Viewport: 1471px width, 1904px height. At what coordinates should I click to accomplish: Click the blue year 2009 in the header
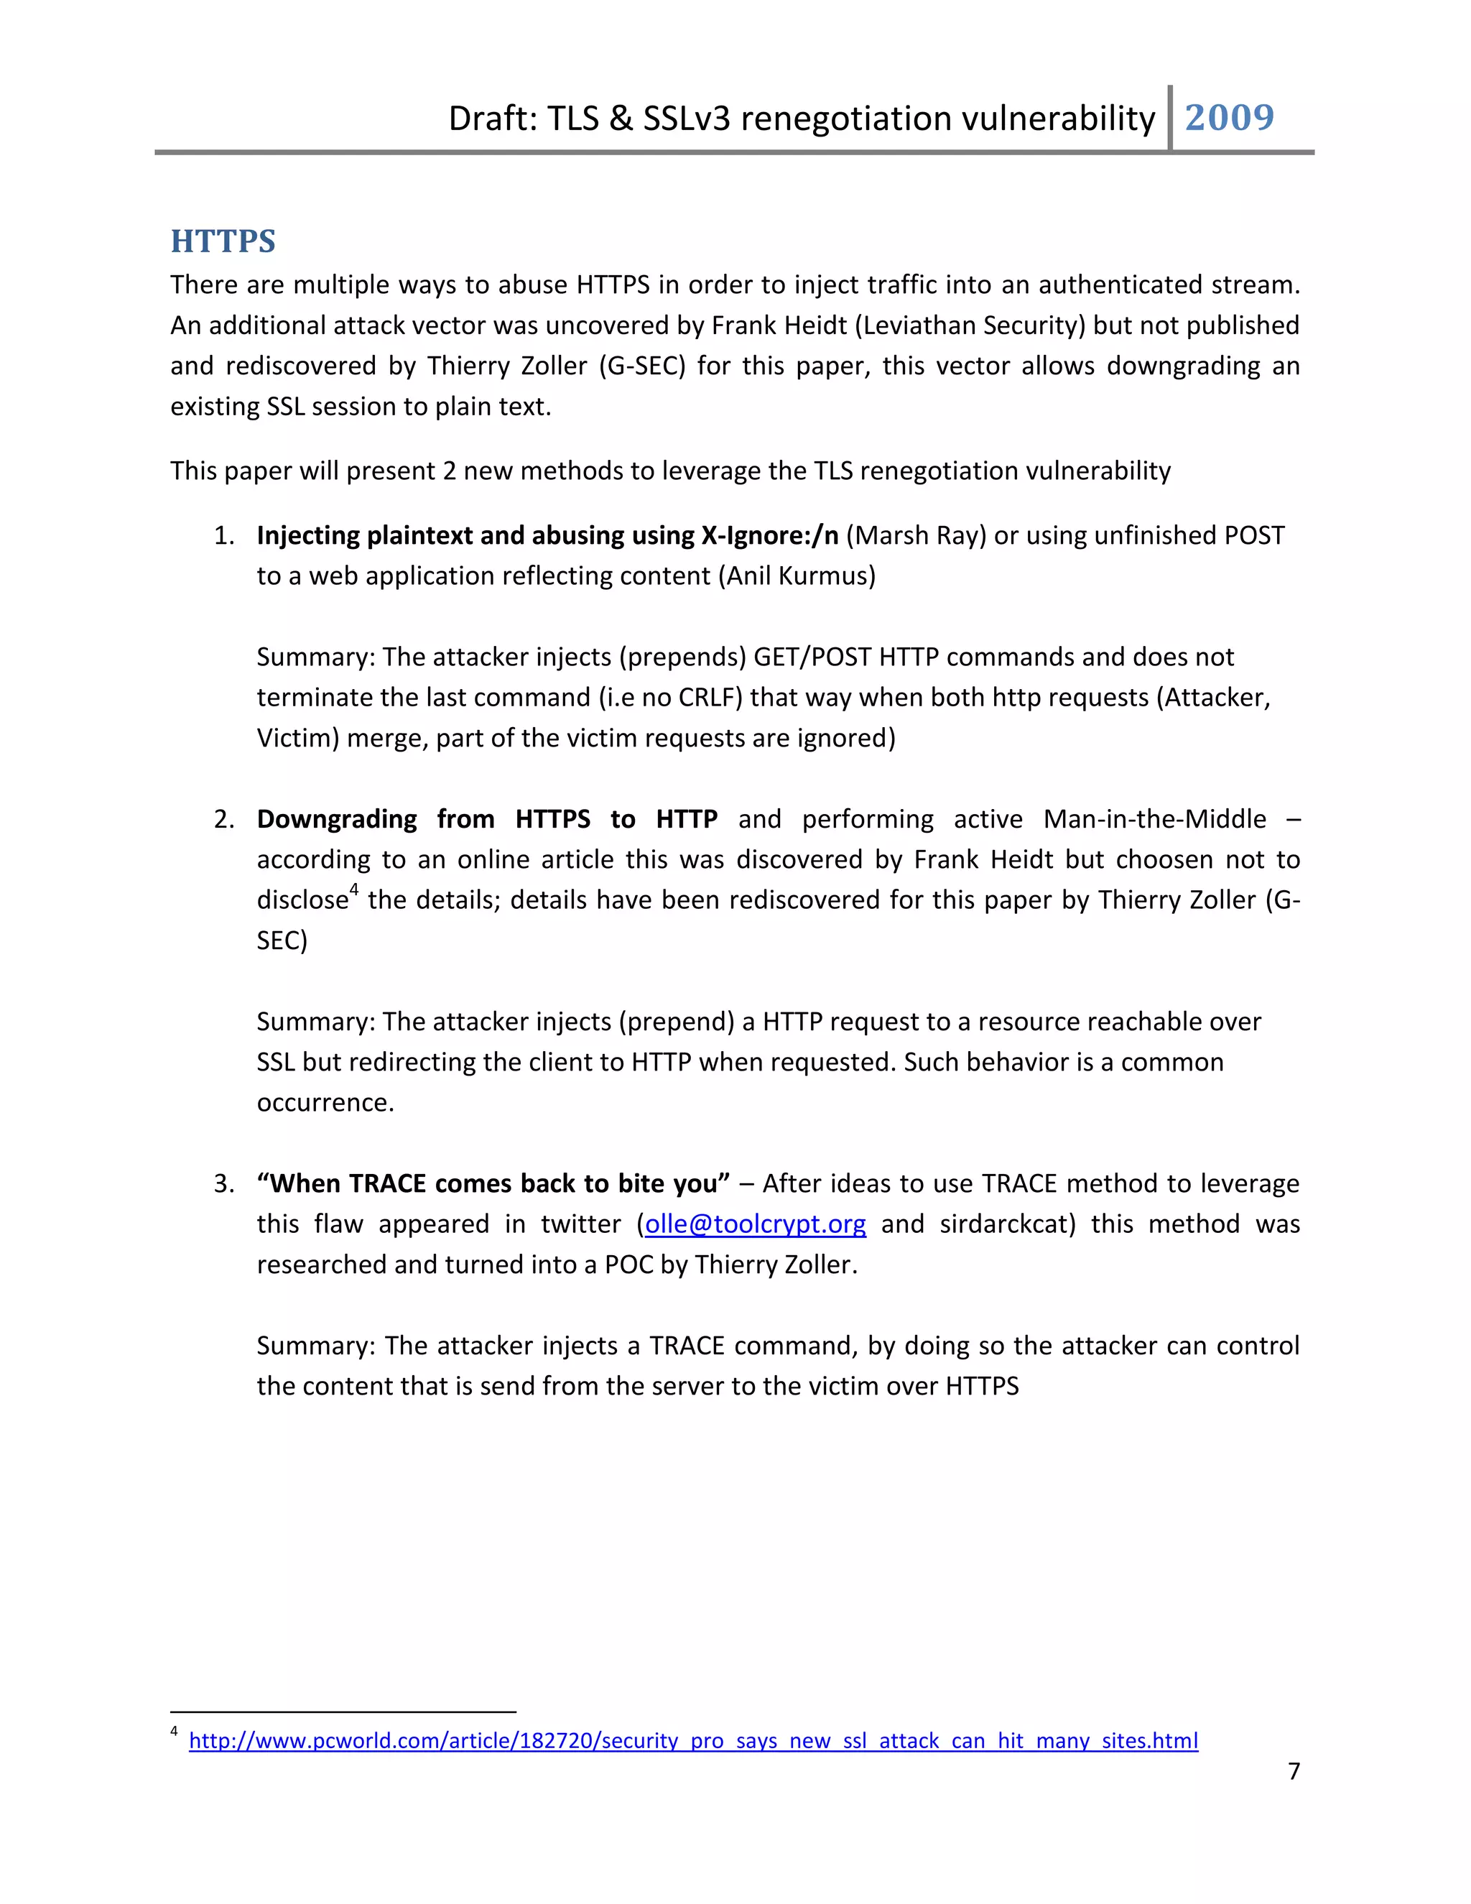pos(1229,117)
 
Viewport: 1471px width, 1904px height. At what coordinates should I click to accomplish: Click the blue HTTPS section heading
pos(223,241)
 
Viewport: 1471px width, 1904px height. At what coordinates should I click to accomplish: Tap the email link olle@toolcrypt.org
pos(755,1224)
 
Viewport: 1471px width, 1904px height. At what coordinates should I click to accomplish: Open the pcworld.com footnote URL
pos(693,1741)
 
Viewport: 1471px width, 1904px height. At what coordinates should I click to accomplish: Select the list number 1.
pos(223,535)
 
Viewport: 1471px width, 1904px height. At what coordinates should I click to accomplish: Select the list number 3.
pos(223,1184)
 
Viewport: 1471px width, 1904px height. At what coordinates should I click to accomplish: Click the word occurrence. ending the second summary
pos(325,1103)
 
